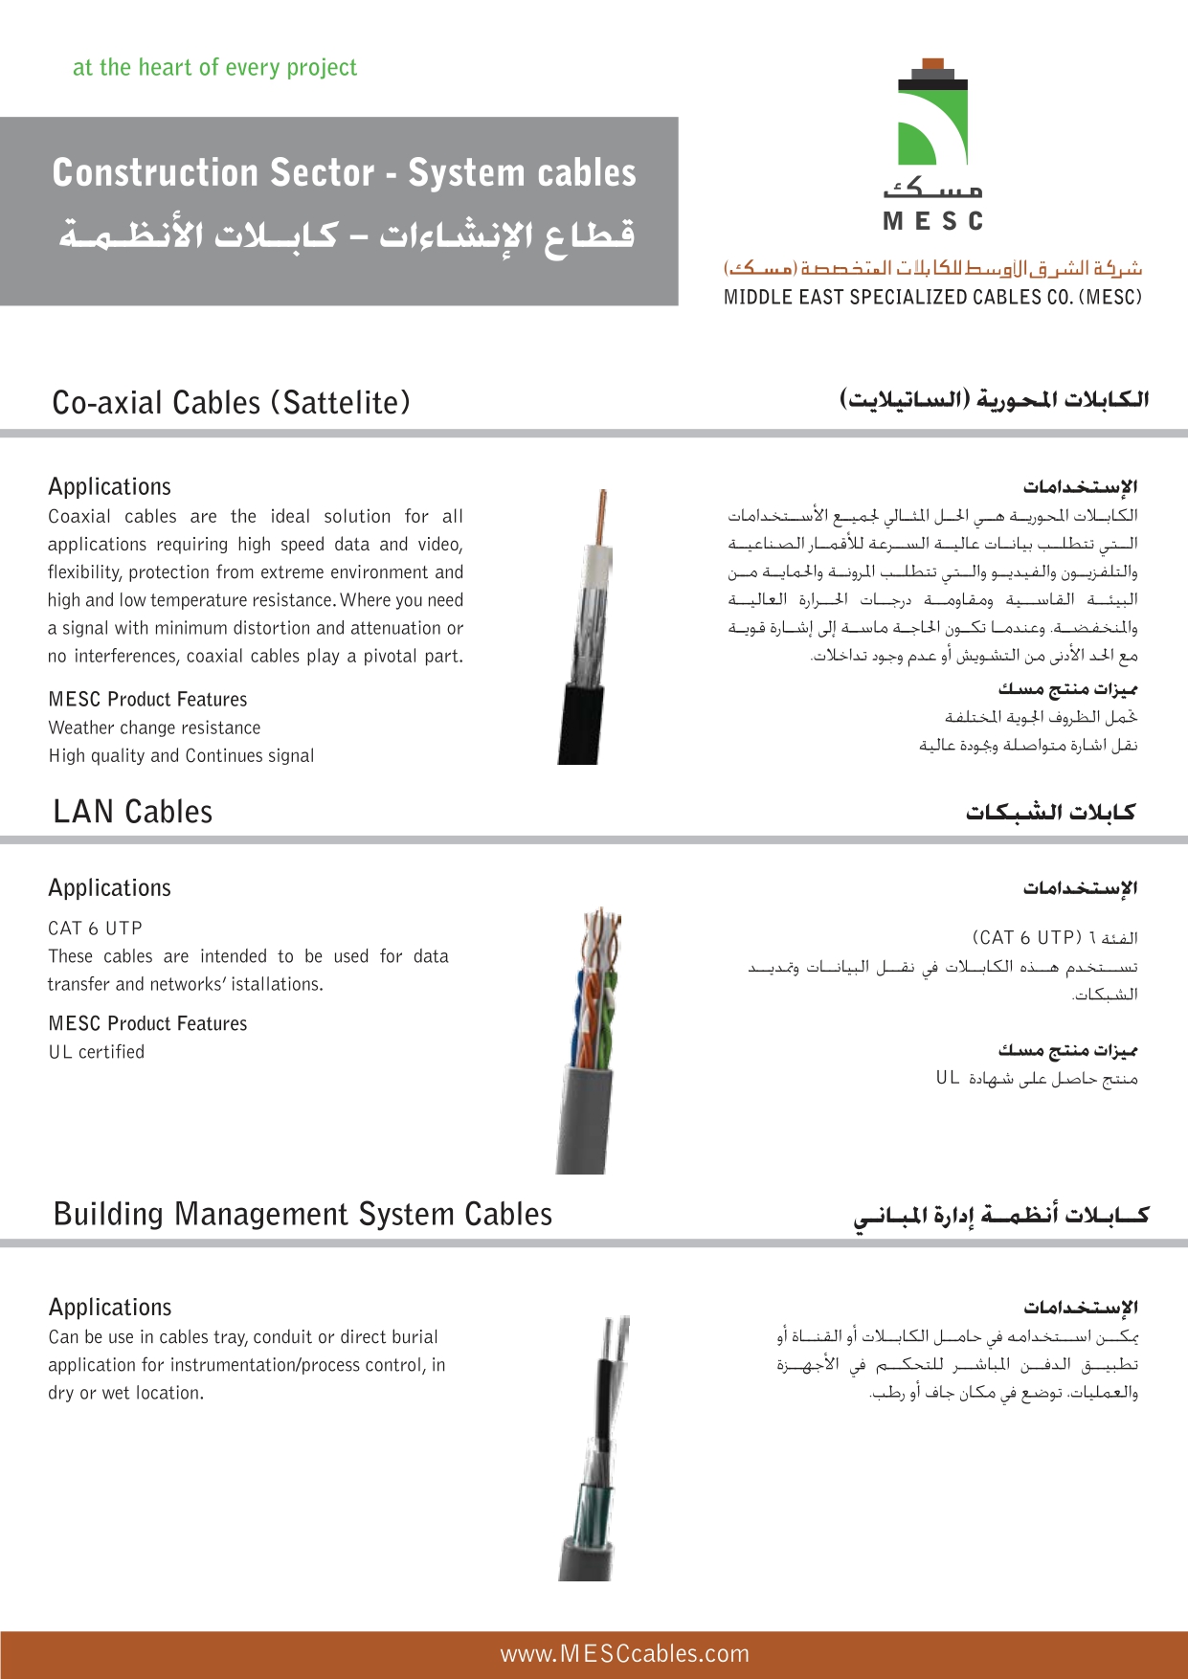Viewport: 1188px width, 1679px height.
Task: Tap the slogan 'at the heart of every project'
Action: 214,68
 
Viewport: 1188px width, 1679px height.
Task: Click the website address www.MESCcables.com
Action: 624,1654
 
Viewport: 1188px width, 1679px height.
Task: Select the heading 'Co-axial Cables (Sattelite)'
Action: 231,403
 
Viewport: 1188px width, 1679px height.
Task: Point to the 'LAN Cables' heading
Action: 133,812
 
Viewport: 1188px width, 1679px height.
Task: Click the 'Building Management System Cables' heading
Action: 303,1215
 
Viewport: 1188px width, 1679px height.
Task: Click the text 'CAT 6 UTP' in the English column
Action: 95,929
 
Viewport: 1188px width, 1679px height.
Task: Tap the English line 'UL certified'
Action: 97,1052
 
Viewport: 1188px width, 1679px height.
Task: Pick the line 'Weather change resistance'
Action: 154,728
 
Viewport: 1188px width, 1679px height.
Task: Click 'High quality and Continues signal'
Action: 181,756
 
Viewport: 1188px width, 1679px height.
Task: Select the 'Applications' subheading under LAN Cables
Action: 109,888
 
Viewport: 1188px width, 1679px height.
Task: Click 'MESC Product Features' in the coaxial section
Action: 147,700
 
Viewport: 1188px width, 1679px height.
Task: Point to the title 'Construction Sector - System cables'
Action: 344,173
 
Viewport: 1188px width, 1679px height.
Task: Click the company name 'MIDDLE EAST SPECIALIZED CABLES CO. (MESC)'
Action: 932,298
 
